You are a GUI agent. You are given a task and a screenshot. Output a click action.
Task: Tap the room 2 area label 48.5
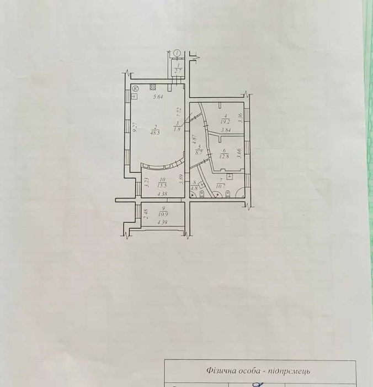pyautogui.click(x=156, y=133)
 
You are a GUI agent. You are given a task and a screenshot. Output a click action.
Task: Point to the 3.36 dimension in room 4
pyautogui.click(x=239, y=117)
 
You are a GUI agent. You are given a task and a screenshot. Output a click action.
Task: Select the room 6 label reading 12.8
pyautogui.click(x=224, y=155)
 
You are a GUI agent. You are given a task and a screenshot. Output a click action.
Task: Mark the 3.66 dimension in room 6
pyautogui.click(x=238, y=153)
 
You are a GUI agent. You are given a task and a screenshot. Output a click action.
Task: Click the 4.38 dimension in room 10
pyautogui.click(x=162, y=193)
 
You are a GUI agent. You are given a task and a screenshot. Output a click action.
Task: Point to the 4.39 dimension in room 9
pyautogui.click(x=162, y=223)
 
